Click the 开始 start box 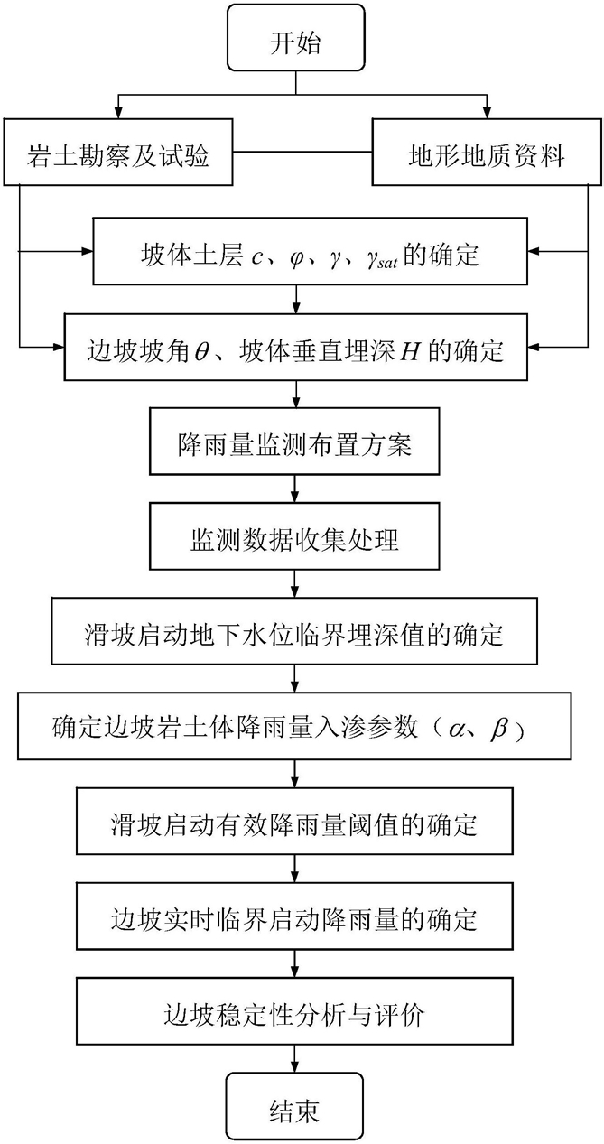click(295, 37)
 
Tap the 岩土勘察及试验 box click(118, 153)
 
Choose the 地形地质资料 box click(487, 153)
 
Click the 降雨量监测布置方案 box click(294, 442)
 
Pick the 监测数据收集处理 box click(294, 536)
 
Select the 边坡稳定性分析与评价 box click(294, 1011)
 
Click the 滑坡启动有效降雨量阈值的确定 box click(294, 822)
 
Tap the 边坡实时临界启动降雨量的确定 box click(294, 916)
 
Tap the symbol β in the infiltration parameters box click(499, 729)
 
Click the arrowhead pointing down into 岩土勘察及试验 click(118, 114)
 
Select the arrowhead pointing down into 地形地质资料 click(487, 114)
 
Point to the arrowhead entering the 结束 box click(294, 1066)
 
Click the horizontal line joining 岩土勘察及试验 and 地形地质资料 click(302, 152)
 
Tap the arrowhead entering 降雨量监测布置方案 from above click(294, 402)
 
